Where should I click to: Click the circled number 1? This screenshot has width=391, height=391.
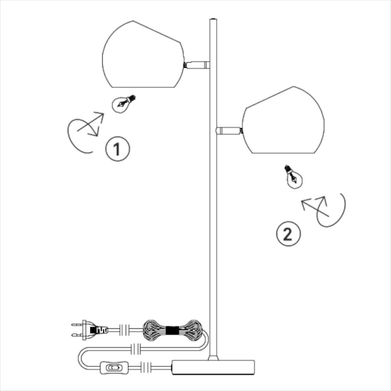(x=117, y=149)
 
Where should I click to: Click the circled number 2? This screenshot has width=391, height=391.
(x=288, y=234)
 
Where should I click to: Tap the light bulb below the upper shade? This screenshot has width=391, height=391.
(x=123, y=104)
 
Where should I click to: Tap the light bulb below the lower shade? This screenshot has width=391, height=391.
(x=294, y=177)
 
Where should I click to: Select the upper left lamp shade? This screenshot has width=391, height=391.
(x=143, y=54)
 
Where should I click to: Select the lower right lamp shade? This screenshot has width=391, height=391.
(x=283, y=120)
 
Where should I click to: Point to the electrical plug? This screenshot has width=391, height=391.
(x=90, y=330)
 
